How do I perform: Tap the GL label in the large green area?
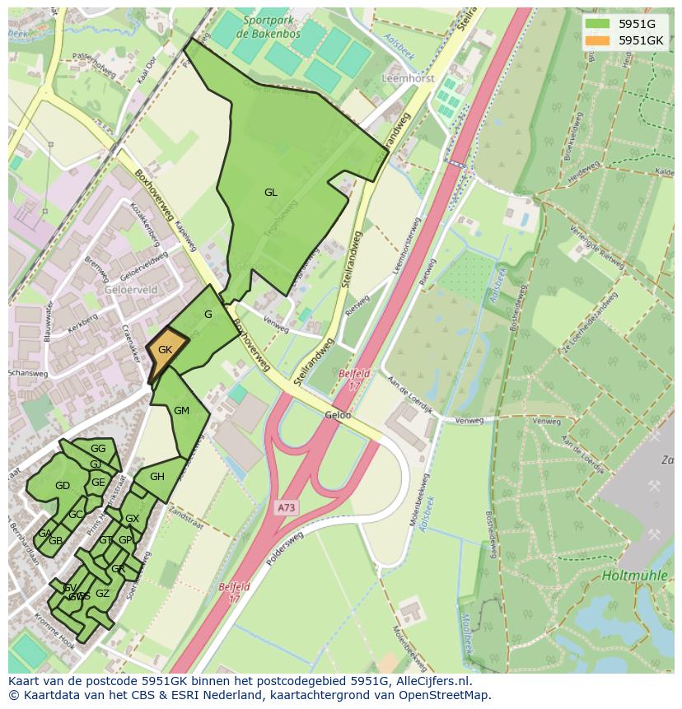point(270,193)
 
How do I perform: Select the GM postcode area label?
point(182,411)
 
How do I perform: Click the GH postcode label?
point(157,477)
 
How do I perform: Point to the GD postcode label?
point(63,486)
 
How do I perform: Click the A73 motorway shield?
point(286,508)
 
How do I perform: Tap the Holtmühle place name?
point(634,576)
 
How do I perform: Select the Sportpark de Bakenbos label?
point(259,26)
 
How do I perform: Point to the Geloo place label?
point(338,416)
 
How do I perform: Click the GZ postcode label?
point(102,593)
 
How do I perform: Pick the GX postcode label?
point(132,519)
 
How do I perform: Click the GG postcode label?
point(98,449)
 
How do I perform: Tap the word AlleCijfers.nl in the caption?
point(432,681)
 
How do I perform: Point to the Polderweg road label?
point(285,549)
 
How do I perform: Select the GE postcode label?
point(98,483)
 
